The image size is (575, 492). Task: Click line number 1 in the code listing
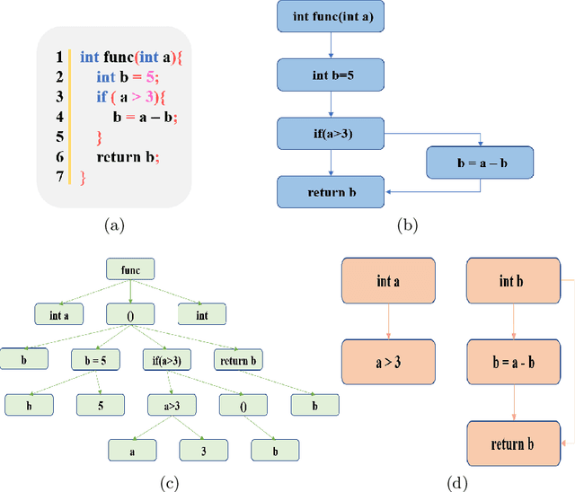[59, 57]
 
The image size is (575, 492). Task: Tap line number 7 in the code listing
[59, 177]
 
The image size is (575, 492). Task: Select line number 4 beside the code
[59, 117]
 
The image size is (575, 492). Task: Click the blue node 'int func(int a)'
[331, 17]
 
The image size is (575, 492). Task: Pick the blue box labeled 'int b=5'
[331, 75]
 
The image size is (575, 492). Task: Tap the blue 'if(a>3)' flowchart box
[331, 135]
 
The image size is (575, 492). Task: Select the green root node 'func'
[130, 268]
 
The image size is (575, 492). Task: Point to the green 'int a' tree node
[59, 314]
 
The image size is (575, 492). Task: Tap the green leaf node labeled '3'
[202, 449]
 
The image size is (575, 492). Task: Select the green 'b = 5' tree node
[95, 360]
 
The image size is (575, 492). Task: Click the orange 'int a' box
[388, 281]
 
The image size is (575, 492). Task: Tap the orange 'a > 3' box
[388, 362]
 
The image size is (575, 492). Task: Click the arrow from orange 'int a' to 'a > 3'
[388, 321]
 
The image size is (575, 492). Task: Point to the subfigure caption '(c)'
[169, 484]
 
